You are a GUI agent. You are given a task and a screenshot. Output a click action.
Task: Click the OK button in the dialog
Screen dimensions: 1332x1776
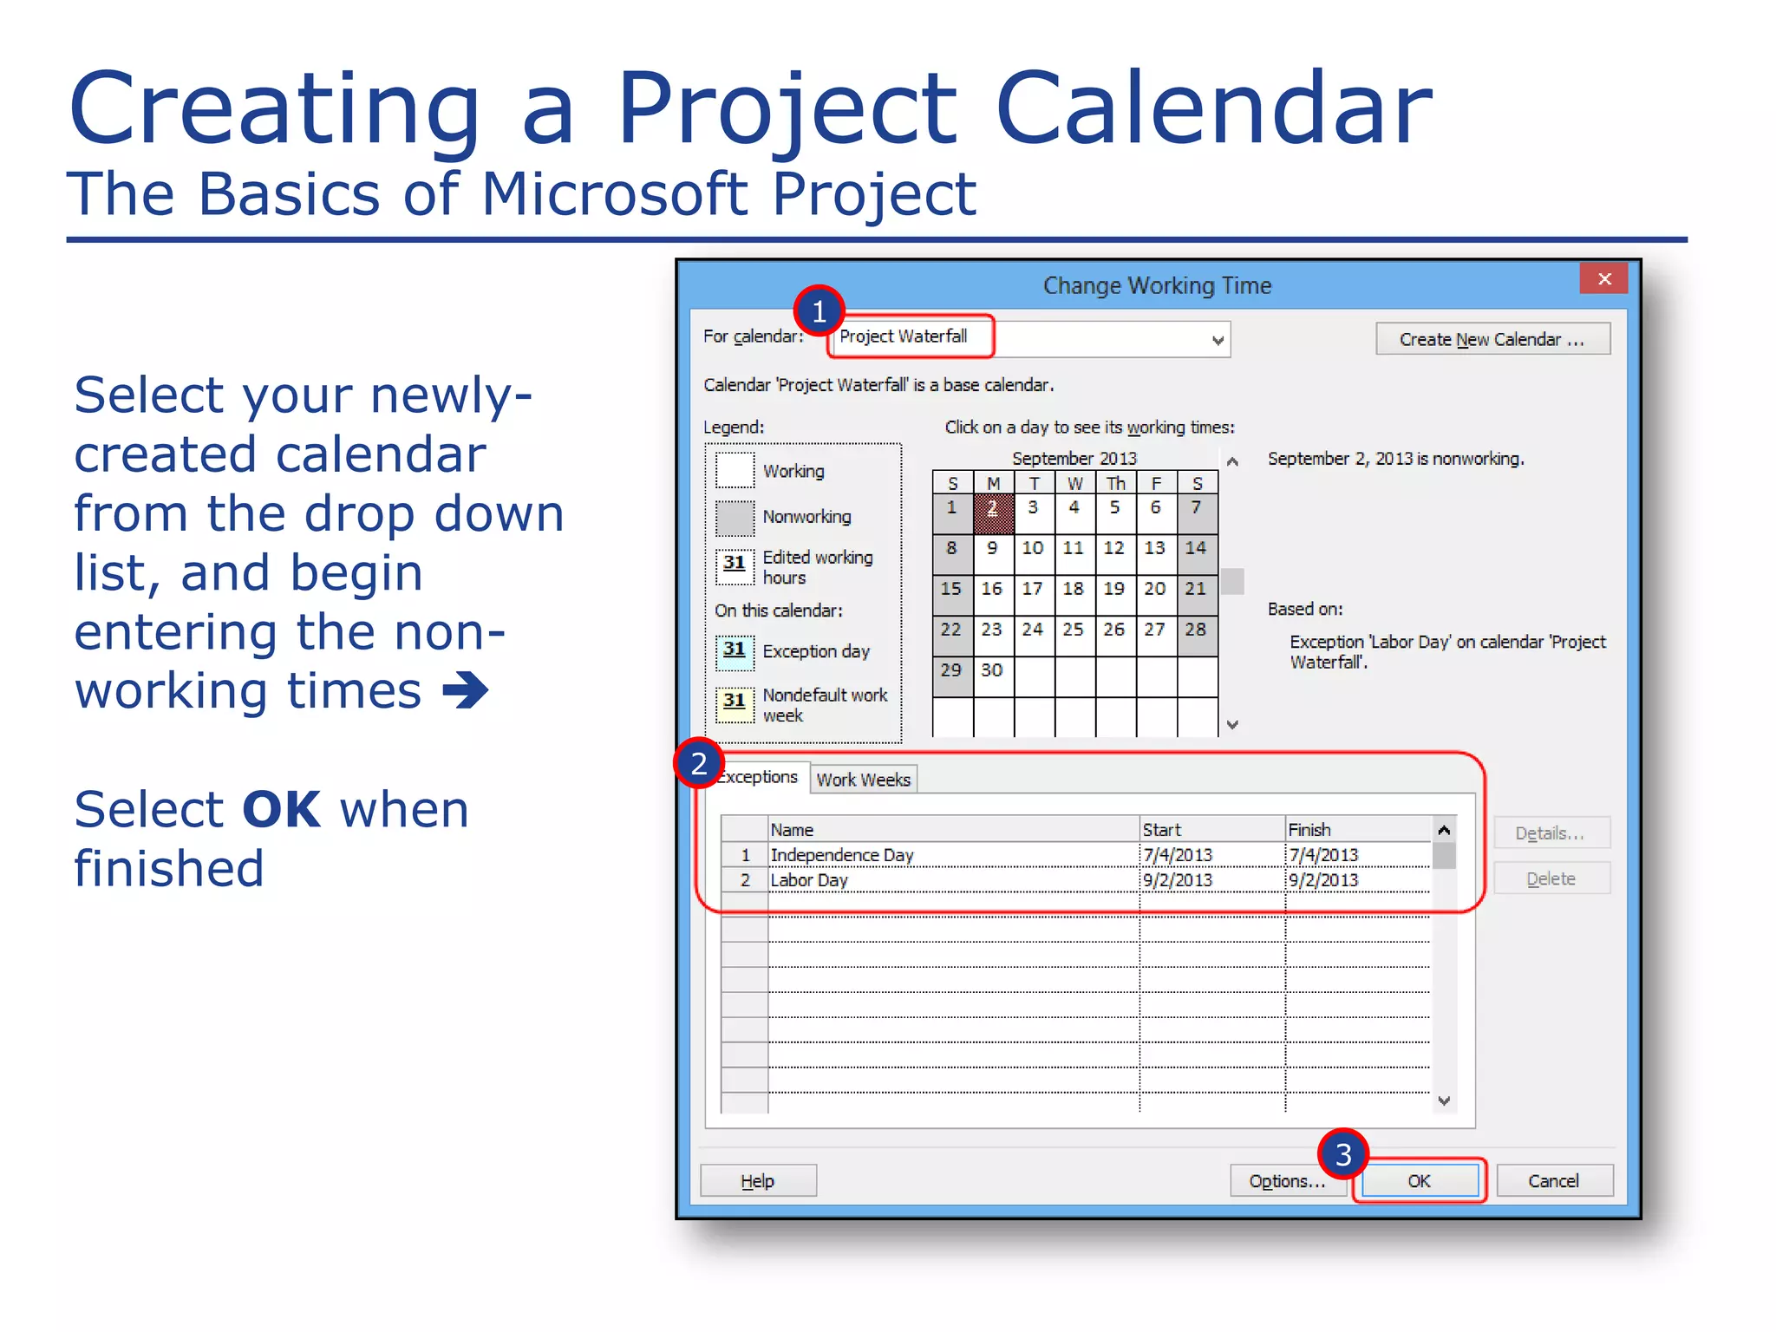(1420, 1180)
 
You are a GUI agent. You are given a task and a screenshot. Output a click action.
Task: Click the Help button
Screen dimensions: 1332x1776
(758, 1180)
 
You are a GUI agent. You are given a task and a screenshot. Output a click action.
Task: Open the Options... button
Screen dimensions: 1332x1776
(1287, 1180)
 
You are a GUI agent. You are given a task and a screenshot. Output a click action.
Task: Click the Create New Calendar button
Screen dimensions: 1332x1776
(1492, 339)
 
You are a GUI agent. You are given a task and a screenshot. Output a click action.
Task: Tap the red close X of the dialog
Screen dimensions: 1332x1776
(1603, 279)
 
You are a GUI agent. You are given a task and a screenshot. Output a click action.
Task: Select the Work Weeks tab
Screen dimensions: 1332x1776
(863, 779)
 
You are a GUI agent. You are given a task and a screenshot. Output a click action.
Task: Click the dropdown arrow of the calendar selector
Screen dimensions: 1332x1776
(1218, 340)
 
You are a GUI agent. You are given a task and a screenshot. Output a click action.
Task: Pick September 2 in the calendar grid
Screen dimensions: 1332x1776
(993, 513)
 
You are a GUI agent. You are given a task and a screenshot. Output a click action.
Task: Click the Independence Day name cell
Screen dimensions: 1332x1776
(842, 855)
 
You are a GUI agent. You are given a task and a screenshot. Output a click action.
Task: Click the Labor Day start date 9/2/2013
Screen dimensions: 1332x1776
(1177, 880)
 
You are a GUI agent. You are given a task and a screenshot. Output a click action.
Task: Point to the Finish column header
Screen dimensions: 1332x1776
(1309, 830)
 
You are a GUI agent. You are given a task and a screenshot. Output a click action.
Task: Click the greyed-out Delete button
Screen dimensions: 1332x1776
(1551, 878)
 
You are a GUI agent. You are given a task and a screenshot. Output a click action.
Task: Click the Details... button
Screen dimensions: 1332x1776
(1551, 833)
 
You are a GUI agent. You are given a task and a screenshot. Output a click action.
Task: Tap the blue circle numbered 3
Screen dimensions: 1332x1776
(1342, 1154)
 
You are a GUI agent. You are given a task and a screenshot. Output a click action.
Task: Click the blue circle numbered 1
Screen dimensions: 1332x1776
(819, 310)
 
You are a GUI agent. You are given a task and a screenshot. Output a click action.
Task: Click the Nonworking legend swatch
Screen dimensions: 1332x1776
(735, 518)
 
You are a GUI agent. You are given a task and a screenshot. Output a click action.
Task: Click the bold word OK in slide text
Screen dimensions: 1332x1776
(282, 810)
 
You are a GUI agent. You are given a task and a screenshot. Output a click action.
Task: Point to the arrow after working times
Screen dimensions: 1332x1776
(466, 691)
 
